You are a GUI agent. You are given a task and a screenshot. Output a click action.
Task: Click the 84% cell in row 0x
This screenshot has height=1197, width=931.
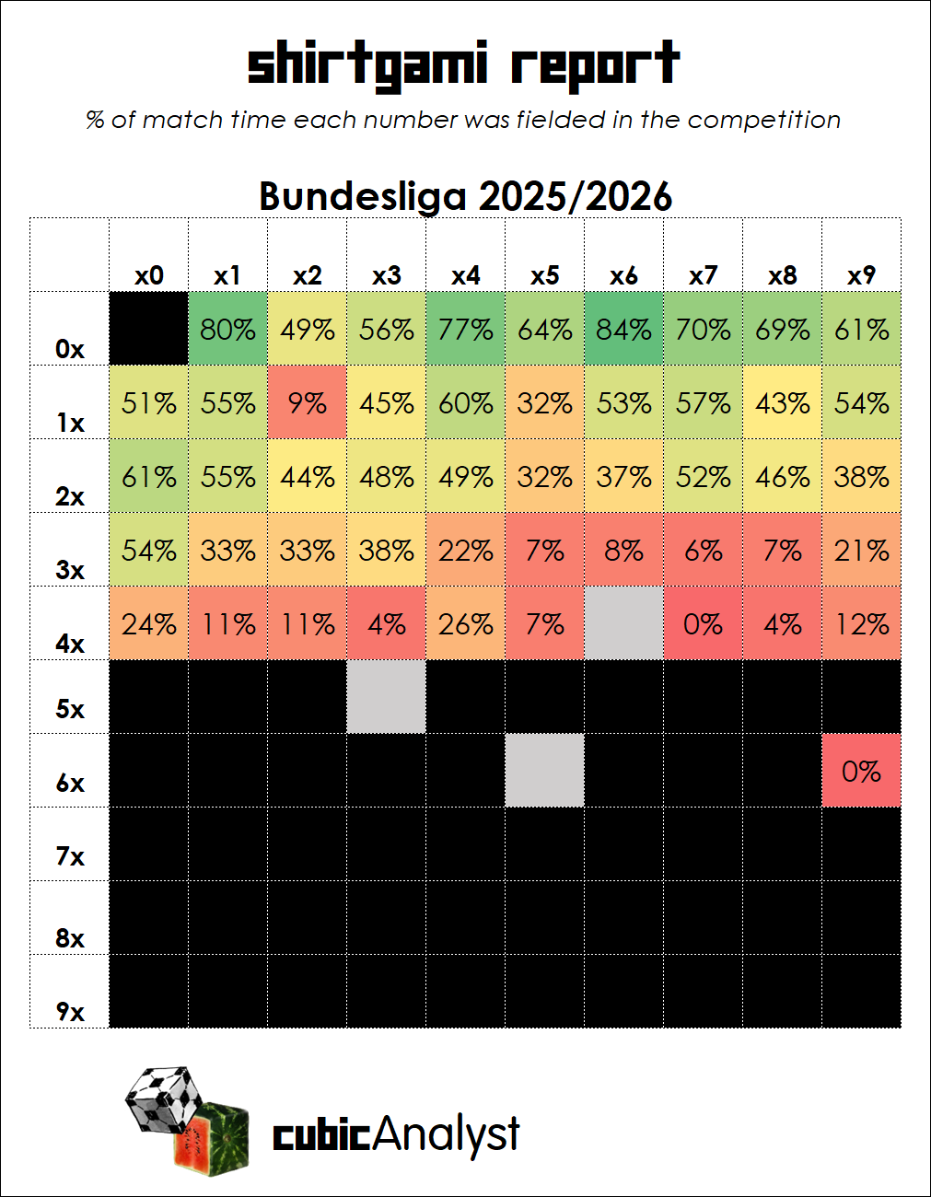623,329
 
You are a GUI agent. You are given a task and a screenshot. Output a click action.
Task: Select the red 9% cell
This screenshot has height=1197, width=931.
307,402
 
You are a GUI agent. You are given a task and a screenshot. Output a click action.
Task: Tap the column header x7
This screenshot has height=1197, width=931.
703,275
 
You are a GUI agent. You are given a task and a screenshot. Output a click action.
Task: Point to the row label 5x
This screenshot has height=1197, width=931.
70,709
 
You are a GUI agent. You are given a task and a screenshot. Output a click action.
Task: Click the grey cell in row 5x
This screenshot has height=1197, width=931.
386,697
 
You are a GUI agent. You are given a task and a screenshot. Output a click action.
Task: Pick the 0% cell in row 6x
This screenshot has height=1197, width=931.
862,770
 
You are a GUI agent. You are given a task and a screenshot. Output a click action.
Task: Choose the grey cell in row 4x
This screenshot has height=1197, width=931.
623,623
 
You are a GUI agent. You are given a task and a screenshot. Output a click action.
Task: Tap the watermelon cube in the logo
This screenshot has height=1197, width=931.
212,1140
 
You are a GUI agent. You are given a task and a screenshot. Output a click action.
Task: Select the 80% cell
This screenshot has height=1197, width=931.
228,329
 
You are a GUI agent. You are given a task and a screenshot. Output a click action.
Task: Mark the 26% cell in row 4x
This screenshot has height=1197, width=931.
466,623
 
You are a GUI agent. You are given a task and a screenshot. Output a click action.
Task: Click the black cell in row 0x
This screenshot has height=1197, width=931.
149,329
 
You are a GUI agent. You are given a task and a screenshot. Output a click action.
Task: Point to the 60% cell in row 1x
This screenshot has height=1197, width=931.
466,402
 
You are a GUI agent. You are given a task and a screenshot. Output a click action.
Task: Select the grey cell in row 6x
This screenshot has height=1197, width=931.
544,770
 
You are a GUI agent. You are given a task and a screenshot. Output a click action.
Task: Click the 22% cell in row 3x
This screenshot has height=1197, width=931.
466,549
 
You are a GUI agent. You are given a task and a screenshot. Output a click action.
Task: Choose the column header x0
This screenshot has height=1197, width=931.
149,275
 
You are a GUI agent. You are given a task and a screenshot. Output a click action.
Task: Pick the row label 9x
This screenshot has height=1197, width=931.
70,1012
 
